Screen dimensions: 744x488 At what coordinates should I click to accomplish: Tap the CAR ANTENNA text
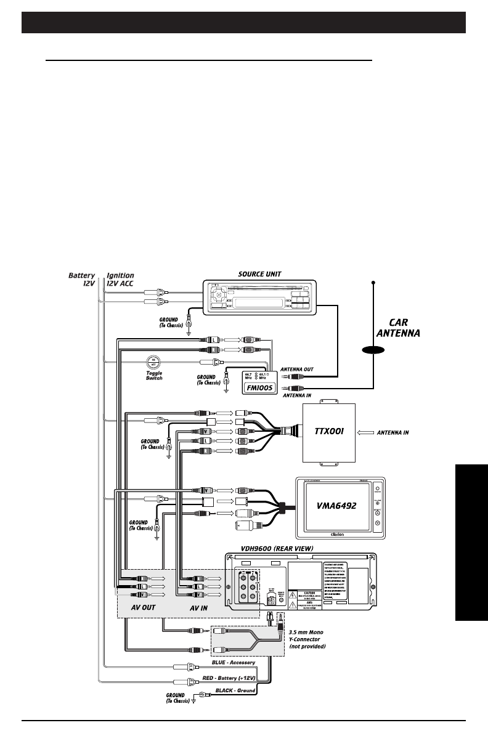pyautogui.click(x=398, y=328)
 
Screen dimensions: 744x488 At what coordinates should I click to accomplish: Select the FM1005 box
pyautogui.click(x=253, y=386)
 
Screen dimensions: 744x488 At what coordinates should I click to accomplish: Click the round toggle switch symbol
pyautogui.click(x=154, y=363)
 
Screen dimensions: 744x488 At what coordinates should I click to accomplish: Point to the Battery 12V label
pyautogui.click(x=82, y=280)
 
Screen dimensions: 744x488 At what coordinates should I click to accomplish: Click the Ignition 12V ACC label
pyautogui.click(x=120, y=280)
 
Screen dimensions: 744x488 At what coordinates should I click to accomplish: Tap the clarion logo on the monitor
pyautogui.click(x=337, y=535)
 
